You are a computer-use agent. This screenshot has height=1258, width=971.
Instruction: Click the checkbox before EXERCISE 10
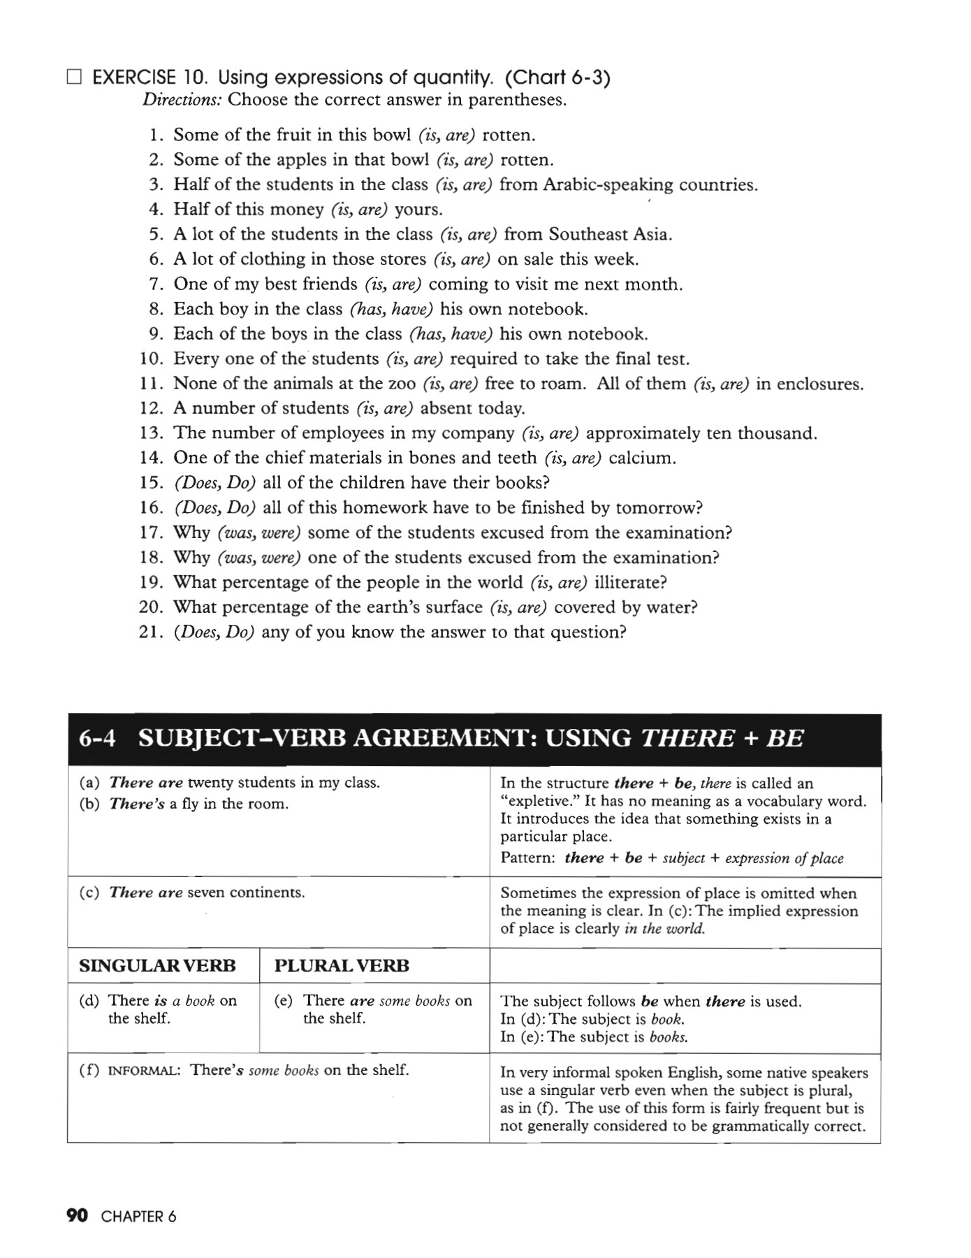tap(74, 77)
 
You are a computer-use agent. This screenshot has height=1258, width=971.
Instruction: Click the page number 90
tap(77, 1216)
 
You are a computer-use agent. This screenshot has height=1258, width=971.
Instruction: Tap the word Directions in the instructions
tap(182, 100)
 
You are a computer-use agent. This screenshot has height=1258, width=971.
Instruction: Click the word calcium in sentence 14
tap(642, 458)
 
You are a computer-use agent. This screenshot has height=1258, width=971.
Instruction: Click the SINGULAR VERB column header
tap(157, 966)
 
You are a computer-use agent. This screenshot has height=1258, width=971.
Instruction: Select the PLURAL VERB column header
tap(342, 966)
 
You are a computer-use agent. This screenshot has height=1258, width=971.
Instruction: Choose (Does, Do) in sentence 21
tap(214, 632)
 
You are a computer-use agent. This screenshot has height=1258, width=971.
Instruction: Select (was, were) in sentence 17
tap(259, 533)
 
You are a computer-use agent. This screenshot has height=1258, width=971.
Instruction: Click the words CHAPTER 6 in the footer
tap(138, 1217)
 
